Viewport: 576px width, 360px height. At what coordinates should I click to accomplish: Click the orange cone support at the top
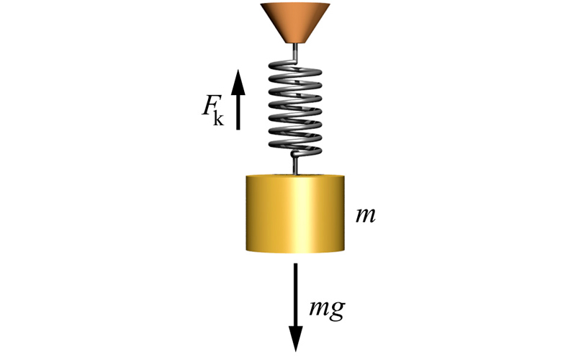[x=295, y=23]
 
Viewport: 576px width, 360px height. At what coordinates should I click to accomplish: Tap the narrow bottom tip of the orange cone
[x=295, y=42]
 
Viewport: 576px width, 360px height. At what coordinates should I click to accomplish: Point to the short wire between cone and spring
[x=294, y=51]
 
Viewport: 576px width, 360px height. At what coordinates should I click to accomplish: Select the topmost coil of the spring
[x=294, y=68]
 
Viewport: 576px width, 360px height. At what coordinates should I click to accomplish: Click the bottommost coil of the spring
[x=295, y=146]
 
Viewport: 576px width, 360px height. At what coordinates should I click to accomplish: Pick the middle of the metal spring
[x=295, y=107]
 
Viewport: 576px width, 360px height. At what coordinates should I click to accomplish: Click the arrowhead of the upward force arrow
[x=238, y=81]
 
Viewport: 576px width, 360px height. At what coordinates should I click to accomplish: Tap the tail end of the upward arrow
[x=238, y=130]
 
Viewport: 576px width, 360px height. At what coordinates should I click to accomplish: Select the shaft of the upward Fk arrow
[x=238, y=111]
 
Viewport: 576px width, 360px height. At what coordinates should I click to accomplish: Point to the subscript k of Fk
[x=218, y=118]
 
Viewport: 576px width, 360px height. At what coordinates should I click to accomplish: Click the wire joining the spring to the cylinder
[x=295, y=165]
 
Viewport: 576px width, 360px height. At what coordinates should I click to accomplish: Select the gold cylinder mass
[x=295, y=213]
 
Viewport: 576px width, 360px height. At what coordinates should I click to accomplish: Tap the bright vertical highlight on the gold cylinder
[x=298, y=214]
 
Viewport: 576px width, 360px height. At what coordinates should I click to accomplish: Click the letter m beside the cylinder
[x=366, y=215]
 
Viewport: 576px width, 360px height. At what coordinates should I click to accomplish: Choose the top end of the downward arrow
[x=295, y=264]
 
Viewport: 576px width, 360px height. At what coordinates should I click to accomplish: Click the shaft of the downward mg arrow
[x=295, y=294]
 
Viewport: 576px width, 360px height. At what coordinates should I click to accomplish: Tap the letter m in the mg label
[x=319, y=308]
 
